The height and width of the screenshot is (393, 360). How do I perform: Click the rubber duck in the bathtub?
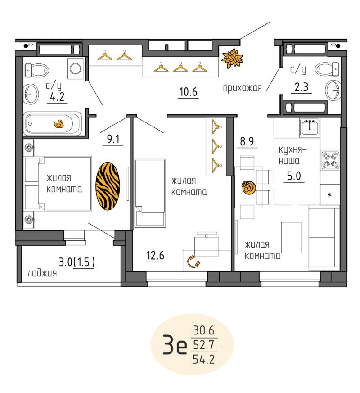(x=59, y=124)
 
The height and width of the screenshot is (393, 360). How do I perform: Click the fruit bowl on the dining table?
(x=248, y=188)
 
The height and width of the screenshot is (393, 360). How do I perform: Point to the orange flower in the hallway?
(x=232, y=59)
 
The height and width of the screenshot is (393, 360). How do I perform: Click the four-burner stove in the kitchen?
(x=330, y=160)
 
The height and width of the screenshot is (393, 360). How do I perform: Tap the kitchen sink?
(x=310, y=127)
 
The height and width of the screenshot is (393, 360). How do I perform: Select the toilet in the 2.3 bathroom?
(x=327, y=69)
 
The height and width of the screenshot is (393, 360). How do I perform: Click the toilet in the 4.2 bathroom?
(x=36, y=70)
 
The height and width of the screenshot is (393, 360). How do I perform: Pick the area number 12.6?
(x=155, y=255)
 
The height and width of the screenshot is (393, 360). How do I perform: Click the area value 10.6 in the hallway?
(x=189, y=92)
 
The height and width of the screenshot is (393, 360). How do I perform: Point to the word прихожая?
(x=242, y=88)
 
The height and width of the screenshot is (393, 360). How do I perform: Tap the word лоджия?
(x=42, y=273)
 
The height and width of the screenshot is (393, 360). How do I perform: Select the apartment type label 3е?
(x=175, y=345)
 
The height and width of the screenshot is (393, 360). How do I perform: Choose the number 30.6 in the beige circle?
(x=204, y=330)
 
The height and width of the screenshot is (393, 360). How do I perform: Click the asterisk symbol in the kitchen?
(x=330, y=194)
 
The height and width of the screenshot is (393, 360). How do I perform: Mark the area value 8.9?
(x=247, y=141)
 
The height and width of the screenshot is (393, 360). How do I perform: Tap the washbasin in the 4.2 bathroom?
(x=31, y=94)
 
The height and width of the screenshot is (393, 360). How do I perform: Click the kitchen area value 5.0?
(x=294, y=176)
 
